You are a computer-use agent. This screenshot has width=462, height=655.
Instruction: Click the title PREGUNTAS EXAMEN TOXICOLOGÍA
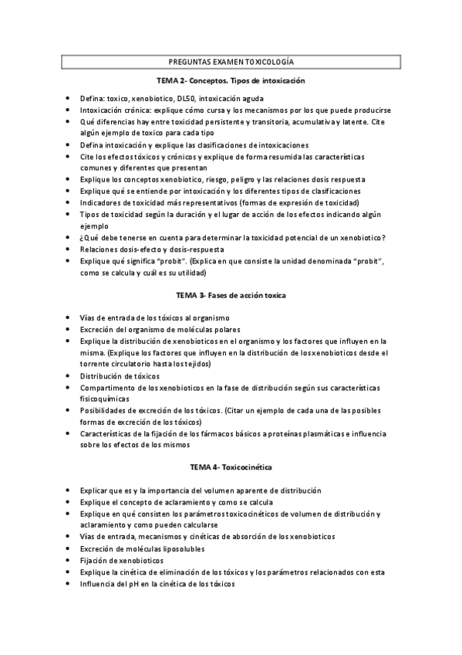point(231,61)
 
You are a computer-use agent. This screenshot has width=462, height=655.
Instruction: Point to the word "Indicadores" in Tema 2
point(101,202)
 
